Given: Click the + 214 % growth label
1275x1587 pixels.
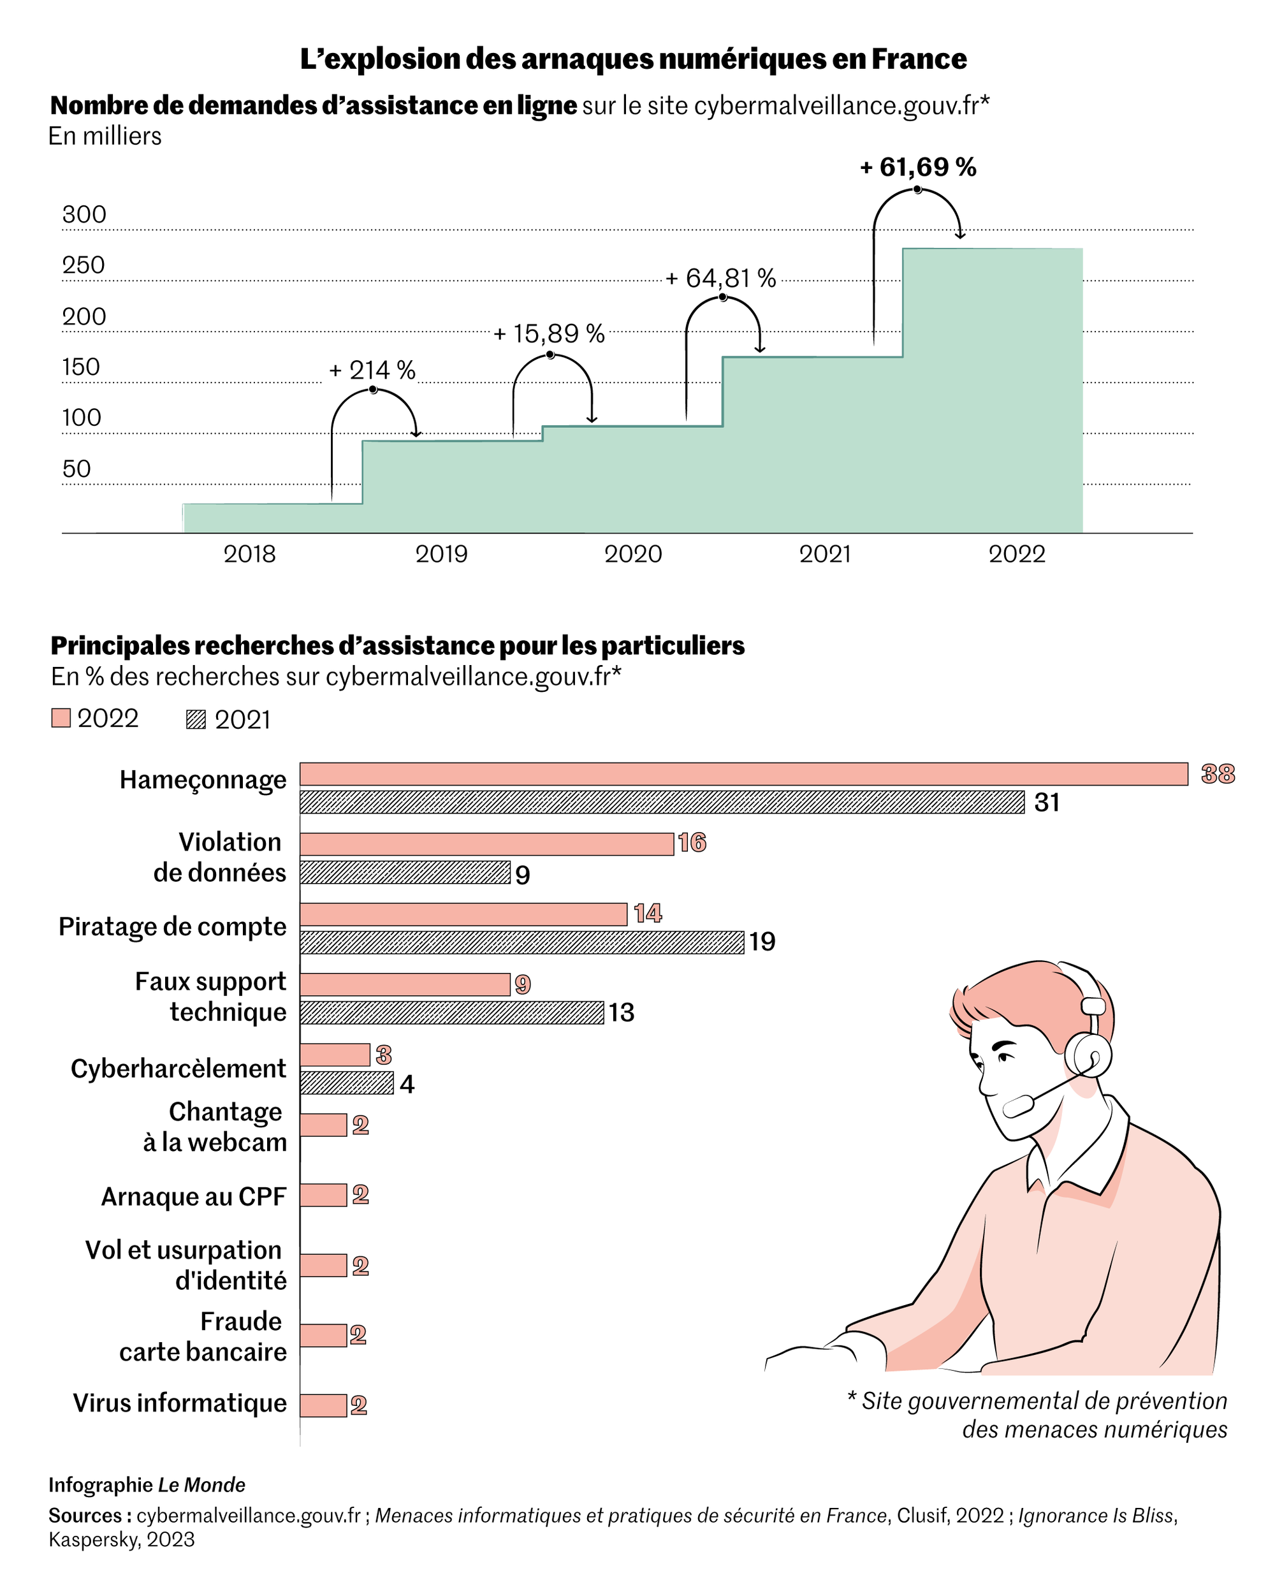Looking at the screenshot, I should pyautogui.click(x=372, y=370).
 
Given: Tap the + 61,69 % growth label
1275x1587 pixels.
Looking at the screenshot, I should pyautogui.click(x=918, y=168).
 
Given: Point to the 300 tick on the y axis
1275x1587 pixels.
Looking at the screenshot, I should pyautogui.click(x=84, y=215).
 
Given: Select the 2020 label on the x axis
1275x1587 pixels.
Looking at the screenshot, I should pyautogui.click(x=633, y=554).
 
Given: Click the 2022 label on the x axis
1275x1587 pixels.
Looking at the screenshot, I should pyautogui.click(x=1017, y=554).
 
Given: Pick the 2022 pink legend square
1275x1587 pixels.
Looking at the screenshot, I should pyautogui.click(x=61, y=718).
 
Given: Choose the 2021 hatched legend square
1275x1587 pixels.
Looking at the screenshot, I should pyautogui.click(x=196, y=719).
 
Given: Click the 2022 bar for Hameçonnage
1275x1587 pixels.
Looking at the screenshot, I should pyautogui.click(x=743, y=774).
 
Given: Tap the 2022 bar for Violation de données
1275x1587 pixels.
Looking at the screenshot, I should pyautogui.click(x=486, y=844).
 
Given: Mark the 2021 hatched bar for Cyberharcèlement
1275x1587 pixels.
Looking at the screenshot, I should pyautogui.click(x=346, y=1083).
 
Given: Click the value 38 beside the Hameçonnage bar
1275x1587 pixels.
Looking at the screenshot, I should pyautogui.click(x=1218, y=774).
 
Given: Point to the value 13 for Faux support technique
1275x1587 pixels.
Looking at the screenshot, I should pyautogui.click(x=622, y=1013).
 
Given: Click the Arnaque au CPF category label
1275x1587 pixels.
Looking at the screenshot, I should pyautogui.click(x=193, y=1197).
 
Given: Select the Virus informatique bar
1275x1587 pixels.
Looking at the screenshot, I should pyautogui.click(x=323, y=1405).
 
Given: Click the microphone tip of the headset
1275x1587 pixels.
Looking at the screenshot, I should pyautogui.click(x=1018, y=1106).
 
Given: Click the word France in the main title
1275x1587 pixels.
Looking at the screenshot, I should pyautogui.click(x=919, y=59).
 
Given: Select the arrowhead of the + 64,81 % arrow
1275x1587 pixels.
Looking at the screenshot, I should pyautogui.click(x=761, y=349).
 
